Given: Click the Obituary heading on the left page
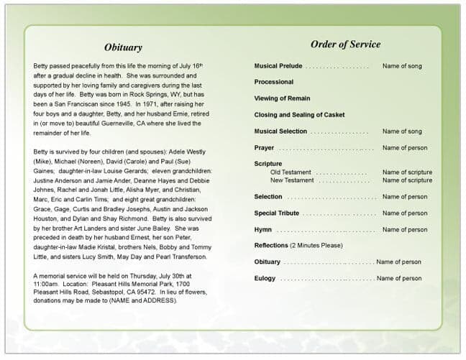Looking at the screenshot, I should coord(123,47).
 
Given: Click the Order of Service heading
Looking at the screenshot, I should coord(345,44).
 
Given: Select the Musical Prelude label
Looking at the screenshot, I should coord(278,66).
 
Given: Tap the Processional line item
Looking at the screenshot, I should coord(273,82).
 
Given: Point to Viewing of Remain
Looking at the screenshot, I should coord(282,98).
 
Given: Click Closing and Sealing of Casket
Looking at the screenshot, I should coord(299,115).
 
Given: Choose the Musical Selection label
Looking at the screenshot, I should coord(280,131).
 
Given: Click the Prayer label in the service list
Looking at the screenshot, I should coord(264,148).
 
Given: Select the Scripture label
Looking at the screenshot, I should coord(268,164).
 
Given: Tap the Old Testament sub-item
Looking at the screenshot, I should coord(291,172).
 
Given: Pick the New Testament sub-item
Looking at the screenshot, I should coord(292,180).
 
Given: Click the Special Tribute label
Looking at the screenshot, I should coord(277,213).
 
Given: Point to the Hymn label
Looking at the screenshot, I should coord(262,230).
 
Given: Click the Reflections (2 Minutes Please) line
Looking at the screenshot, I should coord(299,246).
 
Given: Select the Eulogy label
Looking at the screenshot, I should coord(265,278).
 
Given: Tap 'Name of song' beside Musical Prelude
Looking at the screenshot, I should coord(402,66).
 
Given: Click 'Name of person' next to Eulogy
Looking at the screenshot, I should coord(399,278).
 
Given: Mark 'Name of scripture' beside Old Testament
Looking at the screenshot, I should coord(407,172).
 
